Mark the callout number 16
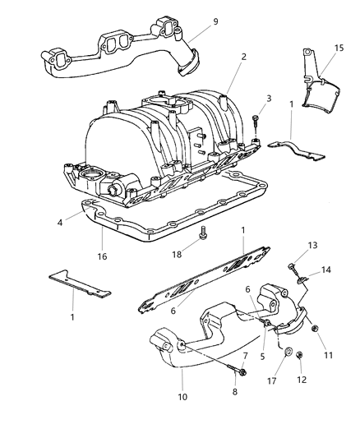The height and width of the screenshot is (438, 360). pyautogui.click(x=102, y=257)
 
